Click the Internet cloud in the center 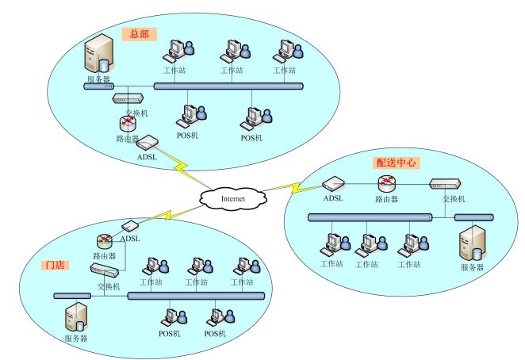pyautogui.click(x=233, y=198)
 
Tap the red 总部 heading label pyautogui.click(x=139, y=34)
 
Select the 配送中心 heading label pyautogui.click(x=396, y=163)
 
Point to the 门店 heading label pyautogui.click(x=56, y=265)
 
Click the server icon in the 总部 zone pyautogui.click(x=99, y=54)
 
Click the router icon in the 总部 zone pyautogui.click(x=128, y=124)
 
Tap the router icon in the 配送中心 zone pyautogui.click(x=387, y=183)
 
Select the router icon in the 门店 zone pyautogui.click(x=105, y=241)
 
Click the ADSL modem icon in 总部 pyautogui.click(x=147, y=142)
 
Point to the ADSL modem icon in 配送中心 pyautogui.click(x=334, y=183)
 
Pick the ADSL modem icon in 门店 pyautogui.click(x=130, y=226)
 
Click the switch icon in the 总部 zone pyautogui.click(x=128, y=98)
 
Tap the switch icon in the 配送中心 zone pyautogui.click(x=445, y=183)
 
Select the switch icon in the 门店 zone pyautogui.click(x=104, y=270)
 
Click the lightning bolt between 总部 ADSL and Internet pyautogui.click(x=182, y=168)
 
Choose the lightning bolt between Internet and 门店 pyautogui.click(x=167, y=215)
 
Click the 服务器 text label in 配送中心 pyautogui.click(x=473, y=267)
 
